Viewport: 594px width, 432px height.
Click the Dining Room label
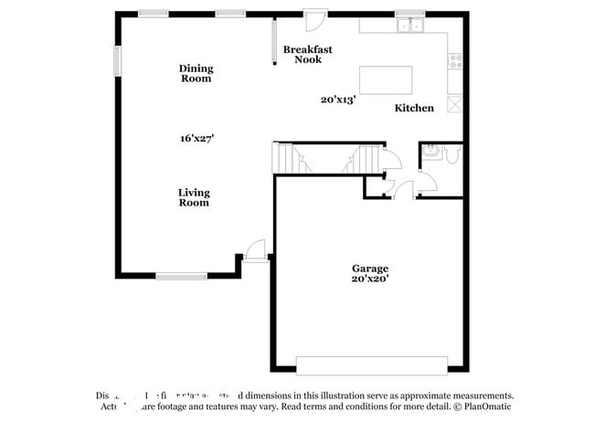(x=196, y=73)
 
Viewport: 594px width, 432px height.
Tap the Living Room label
(x=194, y=197)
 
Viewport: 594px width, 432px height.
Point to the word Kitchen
(x=414, y=108)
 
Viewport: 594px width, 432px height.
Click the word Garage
(x=370, y=269)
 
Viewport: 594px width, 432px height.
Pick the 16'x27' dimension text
(x=196, y=138)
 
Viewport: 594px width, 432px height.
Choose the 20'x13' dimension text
(x=337, y=100)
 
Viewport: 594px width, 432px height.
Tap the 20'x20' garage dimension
(x=370, y=279)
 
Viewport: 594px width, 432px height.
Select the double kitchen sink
(x=408, y=26)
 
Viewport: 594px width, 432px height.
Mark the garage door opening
(x=371, y=365)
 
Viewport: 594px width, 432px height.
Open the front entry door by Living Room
(x=257, y=250)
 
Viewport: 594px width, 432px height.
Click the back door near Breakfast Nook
(x=315, y=18)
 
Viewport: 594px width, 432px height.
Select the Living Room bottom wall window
(x=181, y=275)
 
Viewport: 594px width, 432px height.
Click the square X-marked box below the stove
(x=455, y=104)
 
